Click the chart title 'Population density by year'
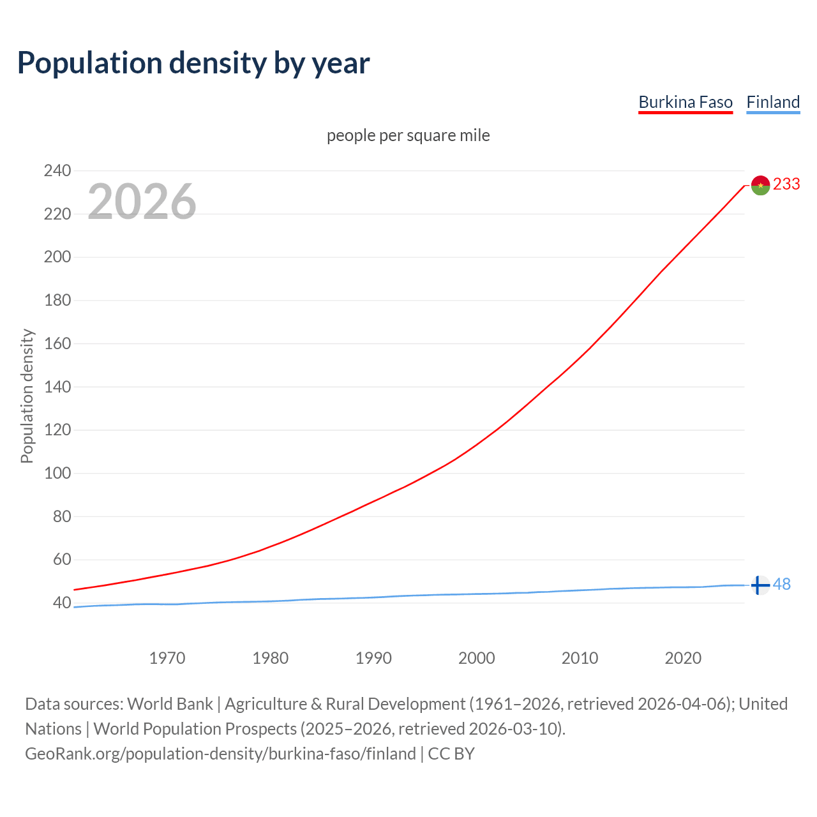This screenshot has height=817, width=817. click(193, 63)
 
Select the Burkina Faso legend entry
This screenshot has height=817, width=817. click(686, 102)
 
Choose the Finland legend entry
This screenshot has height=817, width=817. click(773, 102)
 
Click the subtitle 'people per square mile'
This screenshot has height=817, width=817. click(408, 135)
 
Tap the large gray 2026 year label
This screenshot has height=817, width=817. click(142, 202)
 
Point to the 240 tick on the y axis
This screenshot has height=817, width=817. click(57, 170)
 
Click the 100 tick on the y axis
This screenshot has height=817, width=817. click(57, 473)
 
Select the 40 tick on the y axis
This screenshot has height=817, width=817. click(61, 603)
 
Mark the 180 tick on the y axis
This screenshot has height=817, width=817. click(57, 300)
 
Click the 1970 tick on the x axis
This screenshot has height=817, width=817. click(167, 657)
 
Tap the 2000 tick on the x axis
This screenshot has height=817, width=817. click(477, 657)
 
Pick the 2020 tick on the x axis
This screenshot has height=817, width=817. click(683, 657)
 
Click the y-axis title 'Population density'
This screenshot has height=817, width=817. click(27, 396)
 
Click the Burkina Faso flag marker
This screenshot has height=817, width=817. click(760, 185)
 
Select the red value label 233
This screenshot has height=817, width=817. click(786, 184)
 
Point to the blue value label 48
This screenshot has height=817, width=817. click(782, 584)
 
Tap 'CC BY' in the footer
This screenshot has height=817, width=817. click(451, 753)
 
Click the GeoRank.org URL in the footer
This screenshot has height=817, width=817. click(220, 753)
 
